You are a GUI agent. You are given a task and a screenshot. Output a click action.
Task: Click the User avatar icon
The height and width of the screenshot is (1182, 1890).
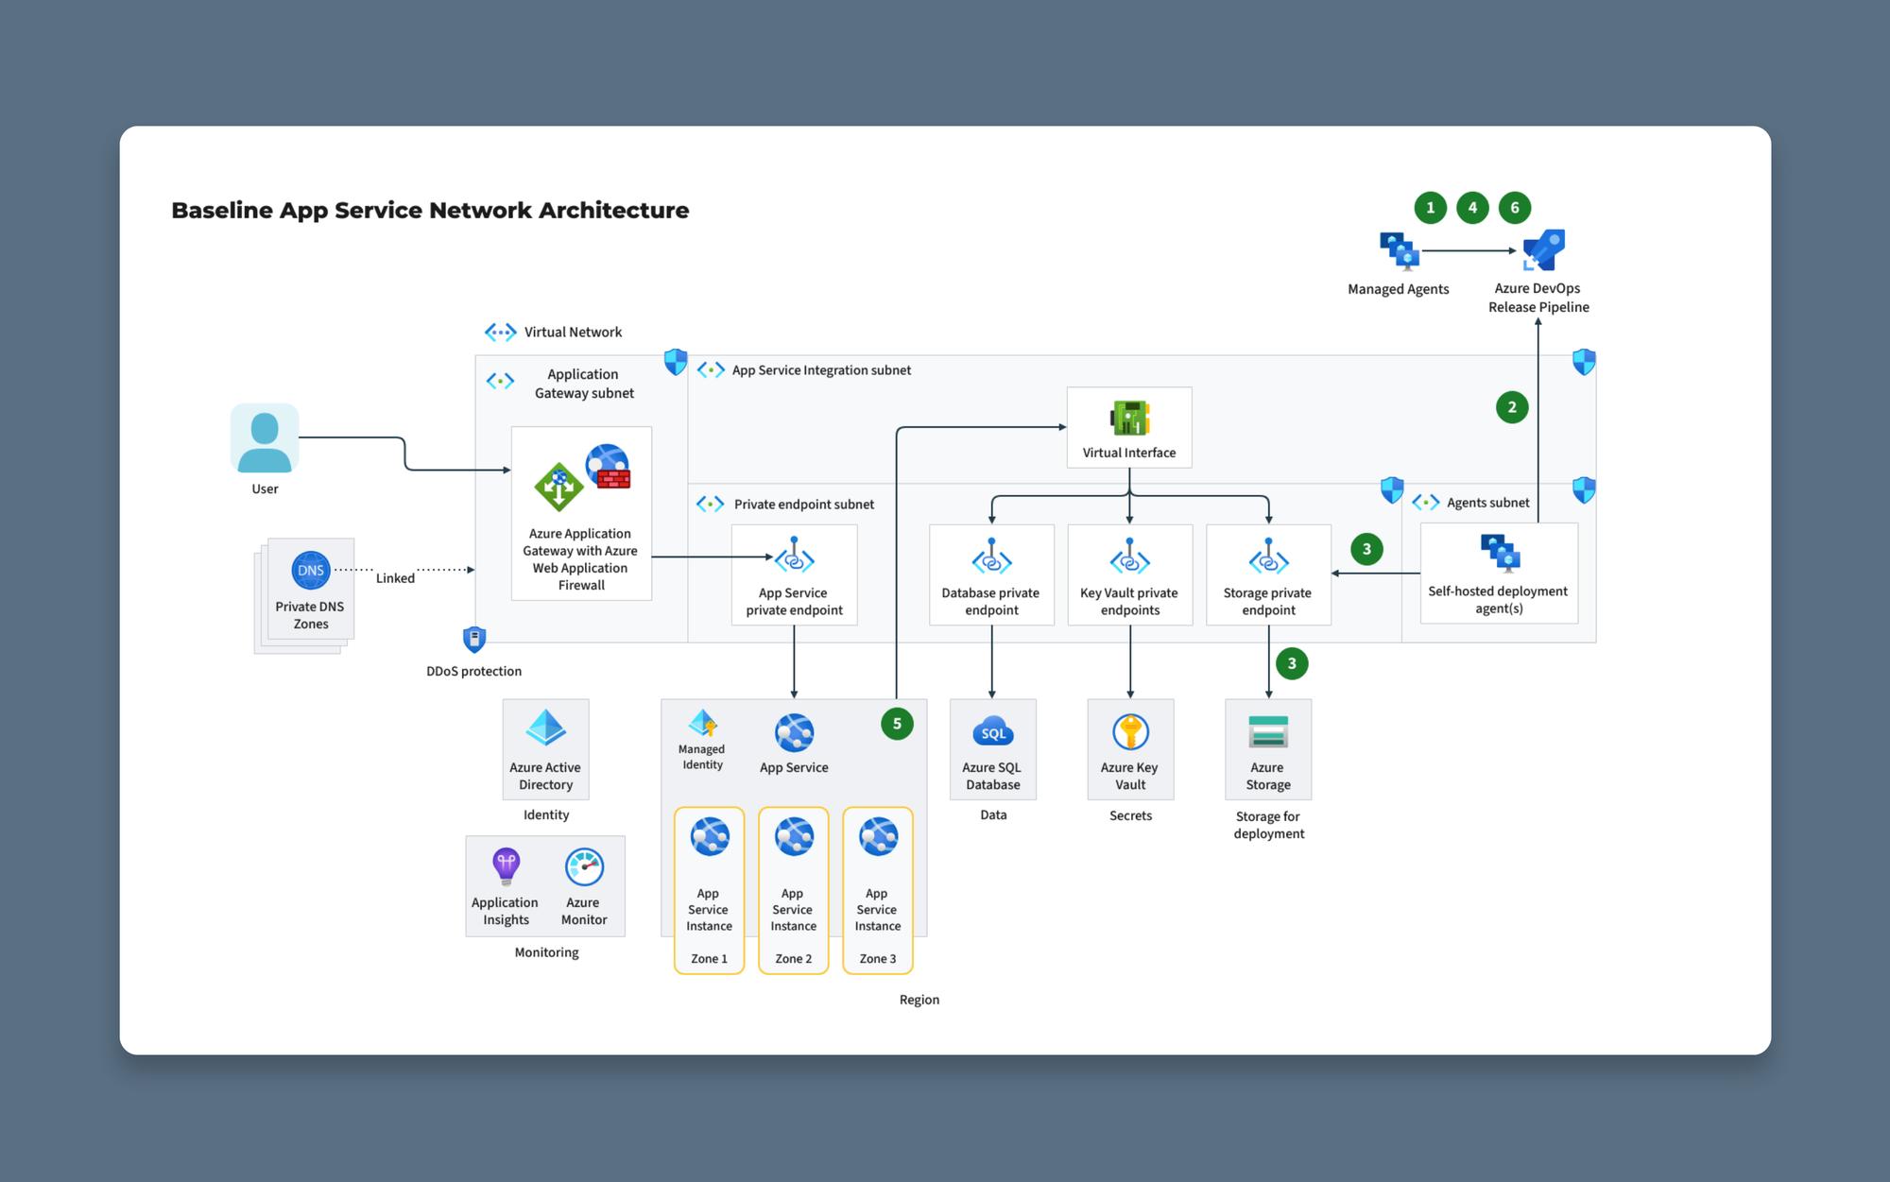click(x=265, y=438)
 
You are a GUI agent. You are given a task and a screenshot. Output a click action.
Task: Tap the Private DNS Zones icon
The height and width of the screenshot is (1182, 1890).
click(x=310, y=570)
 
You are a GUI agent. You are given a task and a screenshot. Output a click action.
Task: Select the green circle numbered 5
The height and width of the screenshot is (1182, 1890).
click(x=897, y=724)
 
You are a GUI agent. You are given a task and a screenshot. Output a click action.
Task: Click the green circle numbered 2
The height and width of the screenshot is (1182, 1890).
click(x=1512, y=407)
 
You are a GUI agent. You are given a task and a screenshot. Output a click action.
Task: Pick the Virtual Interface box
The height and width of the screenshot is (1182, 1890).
click(x=1128, y=427)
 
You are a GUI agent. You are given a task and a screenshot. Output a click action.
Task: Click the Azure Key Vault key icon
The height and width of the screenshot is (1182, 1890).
click(x=1130, y=732)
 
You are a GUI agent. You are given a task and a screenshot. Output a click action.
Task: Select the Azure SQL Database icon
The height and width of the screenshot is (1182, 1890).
click(x=992, y=732)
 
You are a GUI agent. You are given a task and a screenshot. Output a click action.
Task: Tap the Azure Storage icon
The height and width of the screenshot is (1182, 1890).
click(x=1267, y=732)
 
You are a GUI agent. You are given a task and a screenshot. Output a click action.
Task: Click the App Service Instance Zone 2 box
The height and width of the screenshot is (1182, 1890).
click(x=793, y=890)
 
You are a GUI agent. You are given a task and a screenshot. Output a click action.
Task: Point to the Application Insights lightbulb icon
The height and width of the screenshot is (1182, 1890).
click(x=506, y=865)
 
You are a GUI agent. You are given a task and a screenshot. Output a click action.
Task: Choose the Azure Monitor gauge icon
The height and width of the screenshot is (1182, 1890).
click(x=584, y=866)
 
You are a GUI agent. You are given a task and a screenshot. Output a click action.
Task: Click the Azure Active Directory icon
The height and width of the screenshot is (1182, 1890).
click(x=545, y=728)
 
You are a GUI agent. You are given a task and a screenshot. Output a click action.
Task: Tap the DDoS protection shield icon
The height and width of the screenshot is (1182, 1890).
click(x=474, y=640)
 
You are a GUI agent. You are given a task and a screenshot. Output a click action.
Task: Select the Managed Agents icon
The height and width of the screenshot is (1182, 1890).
click(x=1399, y=251)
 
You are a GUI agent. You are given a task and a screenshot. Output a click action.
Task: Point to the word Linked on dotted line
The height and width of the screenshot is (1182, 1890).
click(x=395, y=578)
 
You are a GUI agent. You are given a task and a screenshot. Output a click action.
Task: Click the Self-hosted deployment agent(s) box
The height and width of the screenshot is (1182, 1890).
click(x=1499, y=573)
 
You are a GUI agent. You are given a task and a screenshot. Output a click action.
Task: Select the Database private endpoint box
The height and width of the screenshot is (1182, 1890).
click(x=991, y=574)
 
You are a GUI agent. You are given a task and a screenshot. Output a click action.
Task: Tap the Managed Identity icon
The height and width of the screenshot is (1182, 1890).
click(x=703, y=724)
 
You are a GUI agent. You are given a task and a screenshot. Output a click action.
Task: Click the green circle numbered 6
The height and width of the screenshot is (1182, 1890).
click(x=1515, y=208)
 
